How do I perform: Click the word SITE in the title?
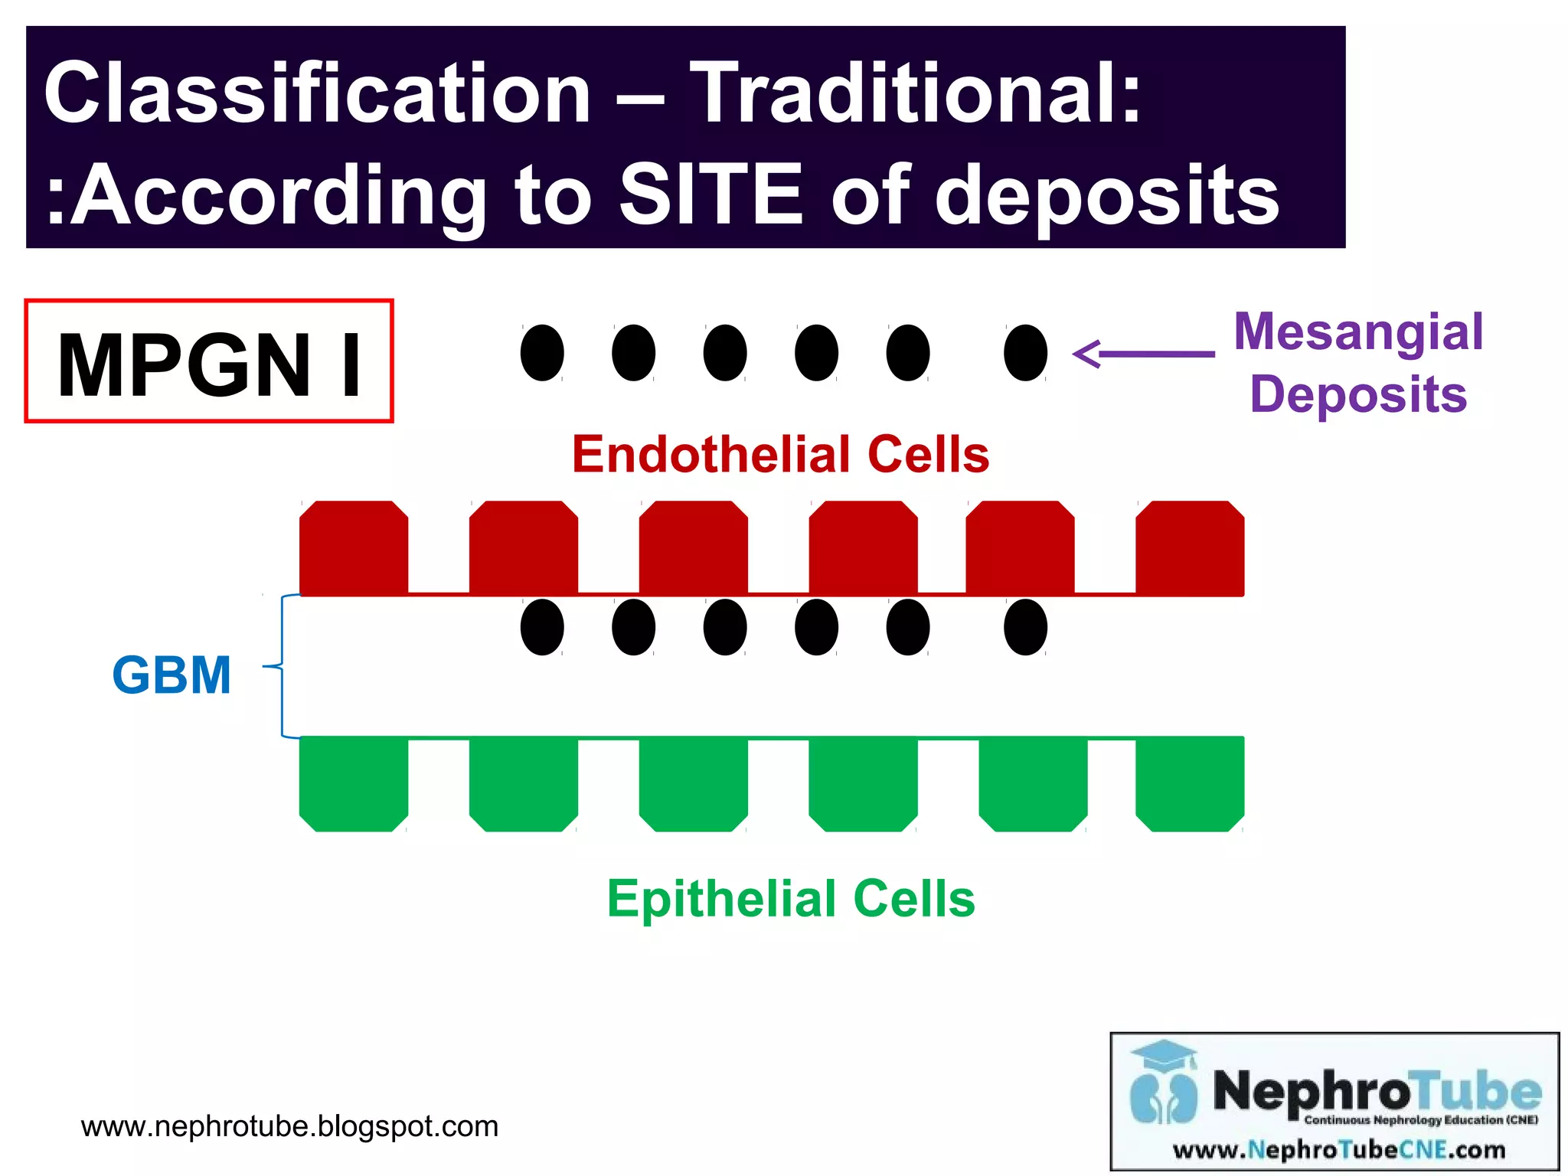click(x=710, y=196)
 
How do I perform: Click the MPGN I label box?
click(x=209, y=361)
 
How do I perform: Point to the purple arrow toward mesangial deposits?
click(x=1144, y=354)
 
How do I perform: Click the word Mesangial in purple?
click(x=1358, y=332)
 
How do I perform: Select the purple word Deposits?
click(x=1358, y=394)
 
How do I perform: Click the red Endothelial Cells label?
click(x=780, y=455)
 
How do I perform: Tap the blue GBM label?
click(x=171, y=675)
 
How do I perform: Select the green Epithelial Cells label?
click(x=790, y=899)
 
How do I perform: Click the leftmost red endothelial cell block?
click(x=354, y=547)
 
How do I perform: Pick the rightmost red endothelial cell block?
click(x=1189, y=547)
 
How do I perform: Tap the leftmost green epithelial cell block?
click(x=354, y=783)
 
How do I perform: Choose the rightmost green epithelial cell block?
click(x=1189, y=783)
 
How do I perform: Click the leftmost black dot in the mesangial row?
click(x=542, y=353)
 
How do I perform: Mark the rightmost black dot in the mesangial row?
click(x=1025, y=353)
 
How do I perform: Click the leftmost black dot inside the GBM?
click(x=542, y=627)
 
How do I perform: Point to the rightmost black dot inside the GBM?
click(x=1025, y=627)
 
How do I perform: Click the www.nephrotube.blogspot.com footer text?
click(x=289, y=1126)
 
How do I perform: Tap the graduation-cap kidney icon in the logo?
click(x=1164, y=1083)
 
